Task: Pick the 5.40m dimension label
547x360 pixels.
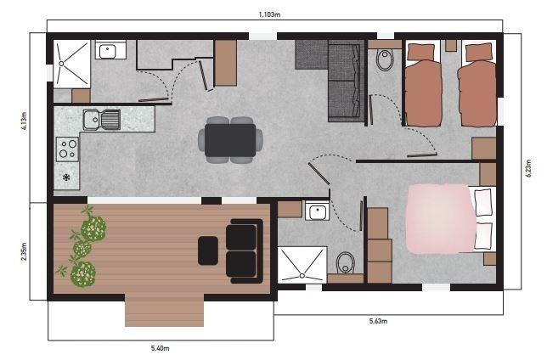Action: pos(160,348)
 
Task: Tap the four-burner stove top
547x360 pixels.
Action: pos(67,150)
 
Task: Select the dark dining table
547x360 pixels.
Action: pos(230,139)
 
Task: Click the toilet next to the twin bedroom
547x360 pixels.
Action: pos(385,61)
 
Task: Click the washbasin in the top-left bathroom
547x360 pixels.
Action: pos(108,52)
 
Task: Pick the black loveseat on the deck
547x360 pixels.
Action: pos(245,250)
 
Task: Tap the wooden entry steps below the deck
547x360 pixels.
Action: pos(164,312)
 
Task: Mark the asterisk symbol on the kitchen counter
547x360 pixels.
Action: pos(66,177)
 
